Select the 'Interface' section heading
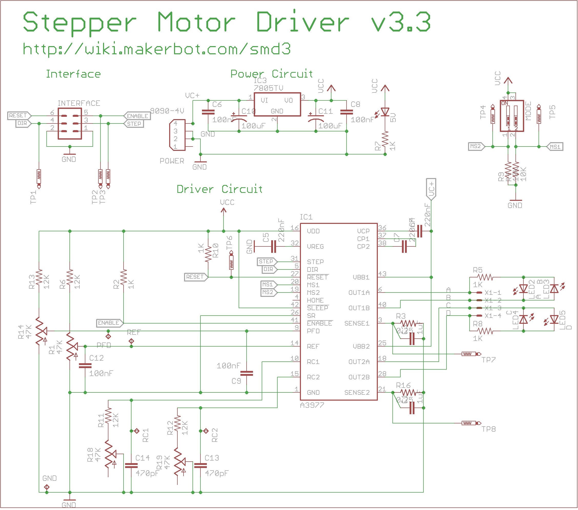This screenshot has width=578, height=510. (73, 74)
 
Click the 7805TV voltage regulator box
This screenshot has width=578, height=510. (277, 104)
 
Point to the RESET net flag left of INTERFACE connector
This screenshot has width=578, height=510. (19, 116)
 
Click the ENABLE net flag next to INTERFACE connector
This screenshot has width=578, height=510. (137, 116)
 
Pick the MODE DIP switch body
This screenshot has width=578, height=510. (512, 116)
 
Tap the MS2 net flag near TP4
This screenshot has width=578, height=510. (476, 146)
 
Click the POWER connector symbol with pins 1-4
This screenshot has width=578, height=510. (177, 135)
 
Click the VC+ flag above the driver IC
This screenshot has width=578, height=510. (431, 188)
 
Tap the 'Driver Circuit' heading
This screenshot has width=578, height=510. (219, 189)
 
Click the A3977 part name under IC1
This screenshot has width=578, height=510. (312, 405)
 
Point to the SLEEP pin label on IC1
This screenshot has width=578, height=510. (317, 308)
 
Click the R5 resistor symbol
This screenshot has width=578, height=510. (485, 277)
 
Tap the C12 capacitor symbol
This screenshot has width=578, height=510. (85, 366)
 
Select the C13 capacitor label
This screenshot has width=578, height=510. (211, 458)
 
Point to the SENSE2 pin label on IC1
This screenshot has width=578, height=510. (357, 392)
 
